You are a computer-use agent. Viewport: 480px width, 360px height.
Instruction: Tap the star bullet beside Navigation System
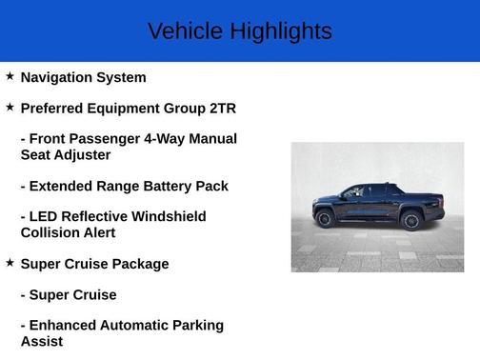(x=10, y=76)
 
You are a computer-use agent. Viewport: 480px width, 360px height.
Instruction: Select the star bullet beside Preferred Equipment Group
(x=10, y=107)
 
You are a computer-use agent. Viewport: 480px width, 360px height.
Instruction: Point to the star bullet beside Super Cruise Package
(x=10, y=262)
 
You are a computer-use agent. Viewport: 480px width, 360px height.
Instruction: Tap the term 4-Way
(x=164, y=139)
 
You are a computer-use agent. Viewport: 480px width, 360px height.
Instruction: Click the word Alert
(x=95, y=232)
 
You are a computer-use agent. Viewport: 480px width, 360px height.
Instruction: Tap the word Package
(x=140, y=264)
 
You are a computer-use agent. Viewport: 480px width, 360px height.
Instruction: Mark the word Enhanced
(x=67, y=326)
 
